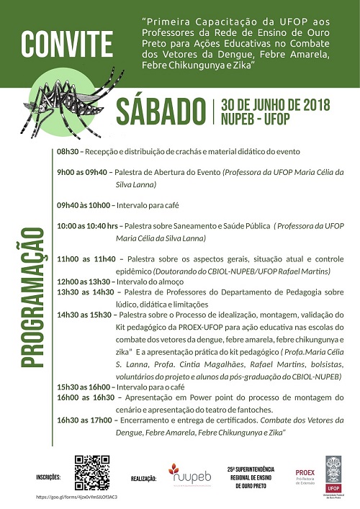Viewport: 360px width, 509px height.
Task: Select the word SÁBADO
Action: tap(160, 111)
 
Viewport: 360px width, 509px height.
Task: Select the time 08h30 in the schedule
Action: tap(68, 152)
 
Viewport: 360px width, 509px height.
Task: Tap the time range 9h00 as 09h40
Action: tap(82, 173)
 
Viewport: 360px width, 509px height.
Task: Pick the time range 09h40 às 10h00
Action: tap(85, 205)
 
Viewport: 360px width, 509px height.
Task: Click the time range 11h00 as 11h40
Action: tap(86, 258)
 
